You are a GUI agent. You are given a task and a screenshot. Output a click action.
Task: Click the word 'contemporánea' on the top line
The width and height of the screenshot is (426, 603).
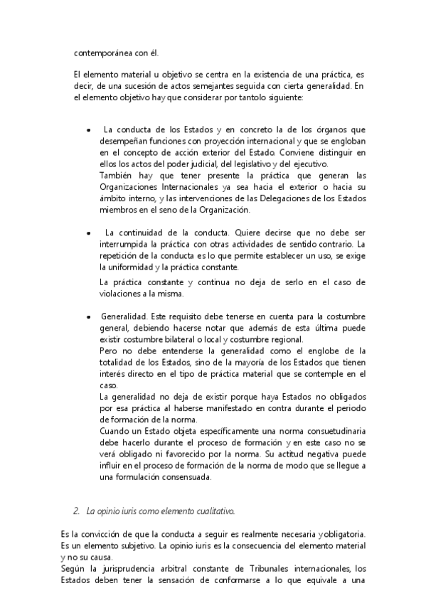(101, 52)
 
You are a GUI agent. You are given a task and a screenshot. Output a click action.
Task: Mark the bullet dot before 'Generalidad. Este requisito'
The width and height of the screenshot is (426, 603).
(87, 317)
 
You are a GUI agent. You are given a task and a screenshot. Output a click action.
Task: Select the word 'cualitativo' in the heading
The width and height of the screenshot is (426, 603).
(213, 511)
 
